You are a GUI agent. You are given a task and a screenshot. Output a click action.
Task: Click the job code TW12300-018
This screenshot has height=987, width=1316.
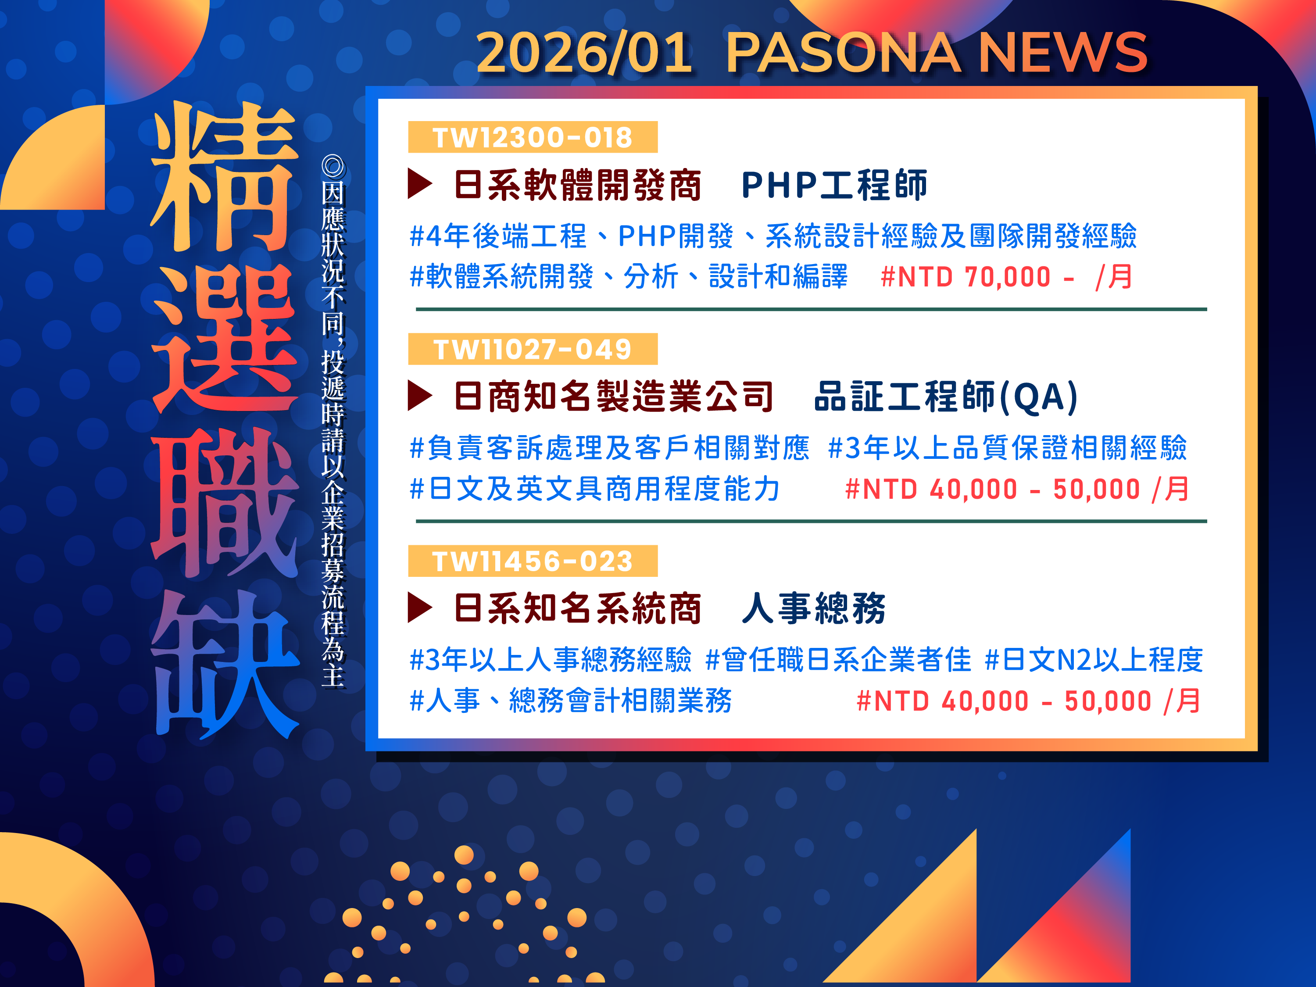(533, 137)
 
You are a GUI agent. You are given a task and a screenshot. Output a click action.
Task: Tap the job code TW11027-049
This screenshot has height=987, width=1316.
(533, 349)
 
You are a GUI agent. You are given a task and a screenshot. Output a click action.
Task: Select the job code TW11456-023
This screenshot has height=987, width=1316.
(533, 561)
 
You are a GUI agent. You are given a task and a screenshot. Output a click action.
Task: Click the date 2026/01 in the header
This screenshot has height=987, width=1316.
(585, 53)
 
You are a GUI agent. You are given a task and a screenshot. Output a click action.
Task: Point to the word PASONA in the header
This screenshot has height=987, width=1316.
(843, 53)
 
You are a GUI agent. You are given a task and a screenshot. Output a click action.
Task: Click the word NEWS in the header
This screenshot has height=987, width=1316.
(1062, 53)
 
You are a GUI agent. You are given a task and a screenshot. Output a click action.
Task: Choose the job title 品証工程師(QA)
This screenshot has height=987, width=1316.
(946, 397)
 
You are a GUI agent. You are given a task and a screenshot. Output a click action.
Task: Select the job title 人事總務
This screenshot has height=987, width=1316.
(814, 608)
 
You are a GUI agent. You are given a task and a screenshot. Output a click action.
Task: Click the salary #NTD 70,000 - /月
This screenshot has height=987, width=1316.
(1007, 277)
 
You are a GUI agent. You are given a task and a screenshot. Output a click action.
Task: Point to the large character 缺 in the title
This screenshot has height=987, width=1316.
(225, 665)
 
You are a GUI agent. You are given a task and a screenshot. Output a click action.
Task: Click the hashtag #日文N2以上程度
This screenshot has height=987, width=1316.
(1094, 660)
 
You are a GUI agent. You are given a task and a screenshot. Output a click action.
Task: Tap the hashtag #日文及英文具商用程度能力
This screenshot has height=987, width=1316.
(594, 489)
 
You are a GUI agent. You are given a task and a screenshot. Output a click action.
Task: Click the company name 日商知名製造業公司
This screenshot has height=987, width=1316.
(613, 397)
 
